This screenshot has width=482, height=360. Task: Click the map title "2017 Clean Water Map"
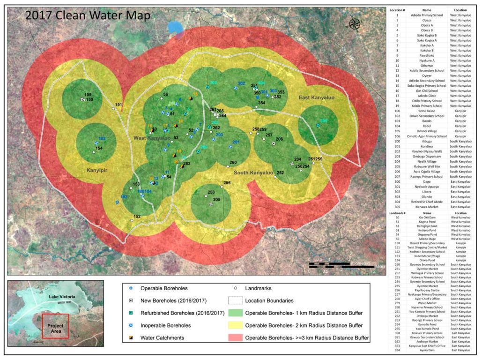[88, 15]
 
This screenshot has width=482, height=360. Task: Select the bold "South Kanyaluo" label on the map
[255, 173]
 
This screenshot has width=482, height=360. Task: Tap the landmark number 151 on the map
[119, 105]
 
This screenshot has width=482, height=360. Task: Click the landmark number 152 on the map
[137, 217]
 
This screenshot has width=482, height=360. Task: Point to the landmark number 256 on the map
[227, 183]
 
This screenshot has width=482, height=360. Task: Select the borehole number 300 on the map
[324, 121]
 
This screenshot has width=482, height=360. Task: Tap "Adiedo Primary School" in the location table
[426, 15]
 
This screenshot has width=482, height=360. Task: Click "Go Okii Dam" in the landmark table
[426, 217]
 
